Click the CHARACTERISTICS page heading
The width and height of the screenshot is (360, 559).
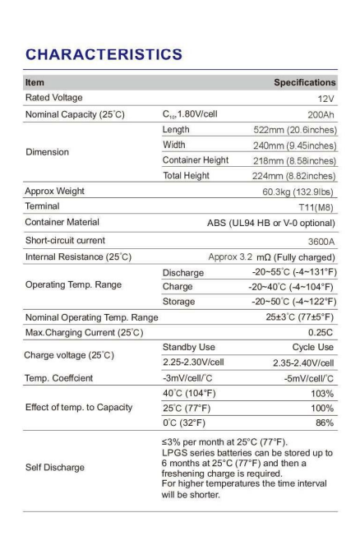103,54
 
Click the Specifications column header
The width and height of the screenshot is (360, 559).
304,82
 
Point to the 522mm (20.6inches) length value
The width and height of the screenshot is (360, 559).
294,129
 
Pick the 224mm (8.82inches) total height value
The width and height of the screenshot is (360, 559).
293,175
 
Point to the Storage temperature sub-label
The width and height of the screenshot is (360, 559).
180,301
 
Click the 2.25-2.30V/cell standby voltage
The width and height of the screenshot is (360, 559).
197,363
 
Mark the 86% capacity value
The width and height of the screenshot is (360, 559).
324,423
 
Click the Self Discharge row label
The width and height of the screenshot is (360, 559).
55,466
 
